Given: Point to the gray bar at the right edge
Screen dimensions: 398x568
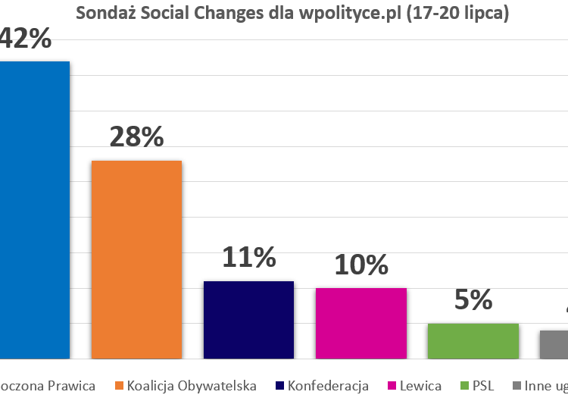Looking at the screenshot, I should [x=554, y=343].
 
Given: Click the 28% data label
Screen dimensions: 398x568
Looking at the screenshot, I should [x=136, y=136].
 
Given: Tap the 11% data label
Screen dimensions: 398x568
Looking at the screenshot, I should [x=248, y=258].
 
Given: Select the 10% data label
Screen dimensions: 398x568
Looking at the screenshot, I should [x=360, y=265].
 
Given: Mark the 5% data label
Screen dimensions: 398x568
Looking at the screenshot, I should [x=473, y=299].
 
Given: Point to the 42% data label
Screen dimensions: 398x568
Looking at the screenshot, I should [x=25, y=38].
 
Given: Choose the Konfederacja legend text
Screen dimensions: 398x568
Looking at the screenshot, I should [x=328, y=386].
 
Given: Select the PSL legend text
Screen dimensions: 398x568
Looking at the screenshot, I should [x=483, y=386].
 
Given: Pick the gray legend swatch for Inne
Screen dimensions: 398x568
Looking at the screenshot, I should [x=516, y=386].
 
